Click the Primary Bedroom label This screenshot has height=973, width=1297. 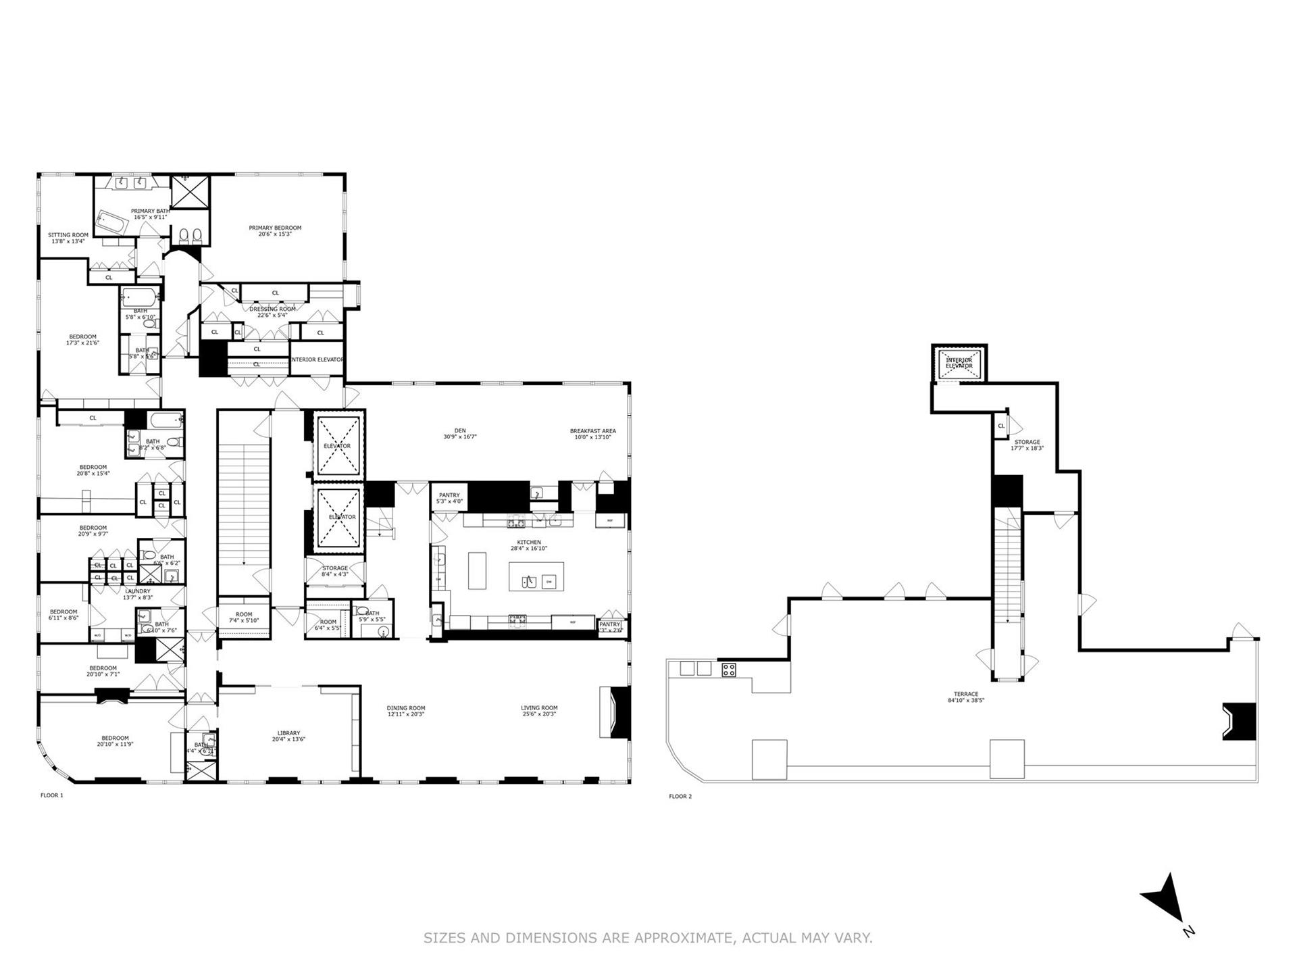click(275, 228)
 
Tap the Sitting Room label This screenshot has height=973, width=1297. click(68, 236)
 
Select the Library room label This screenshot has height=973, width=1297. click(288, 733)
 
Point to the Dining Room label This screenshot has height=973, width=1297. click(406, 708)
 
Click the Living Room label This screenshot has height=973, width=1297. click(539, 708)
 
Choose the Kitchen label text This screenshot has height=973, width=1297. click(529, 543)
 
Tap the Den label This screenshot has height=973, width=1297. click(460, 430)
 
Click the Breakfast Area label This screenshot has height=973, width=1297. click(592, 431)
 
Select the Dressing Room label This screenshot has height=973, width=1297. click(273, 309)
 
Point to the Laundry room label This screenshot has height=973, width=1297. click(138, 591)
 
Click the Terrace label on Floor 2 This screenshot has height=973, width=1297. click(966, 695)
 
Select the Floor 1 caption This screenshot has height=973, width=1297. click(51, 795)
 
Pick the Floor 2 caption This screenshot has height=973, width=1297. click(680, 797)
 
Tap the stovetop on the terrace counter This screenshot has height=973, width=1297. click(729, 670)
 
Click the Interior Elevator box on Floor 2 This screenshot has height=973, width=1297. click(959, 364)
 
